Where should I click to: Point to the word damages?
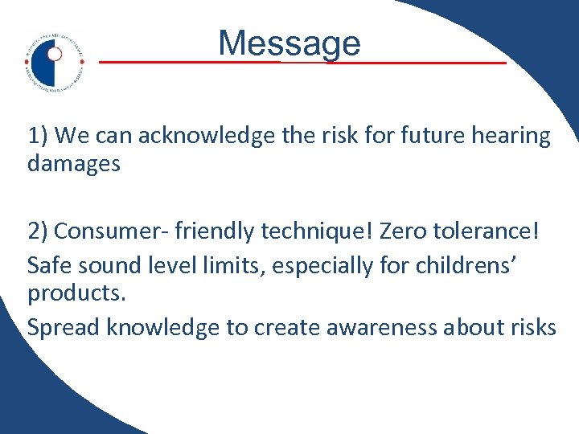pos(74,164)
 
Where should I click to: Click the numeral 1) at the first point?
pos(38,136)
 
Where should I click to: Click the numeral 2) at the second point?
pos(38,231)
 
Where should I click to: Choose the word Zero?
pos(406,231)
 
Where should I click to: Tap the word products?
pos(77,294)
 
